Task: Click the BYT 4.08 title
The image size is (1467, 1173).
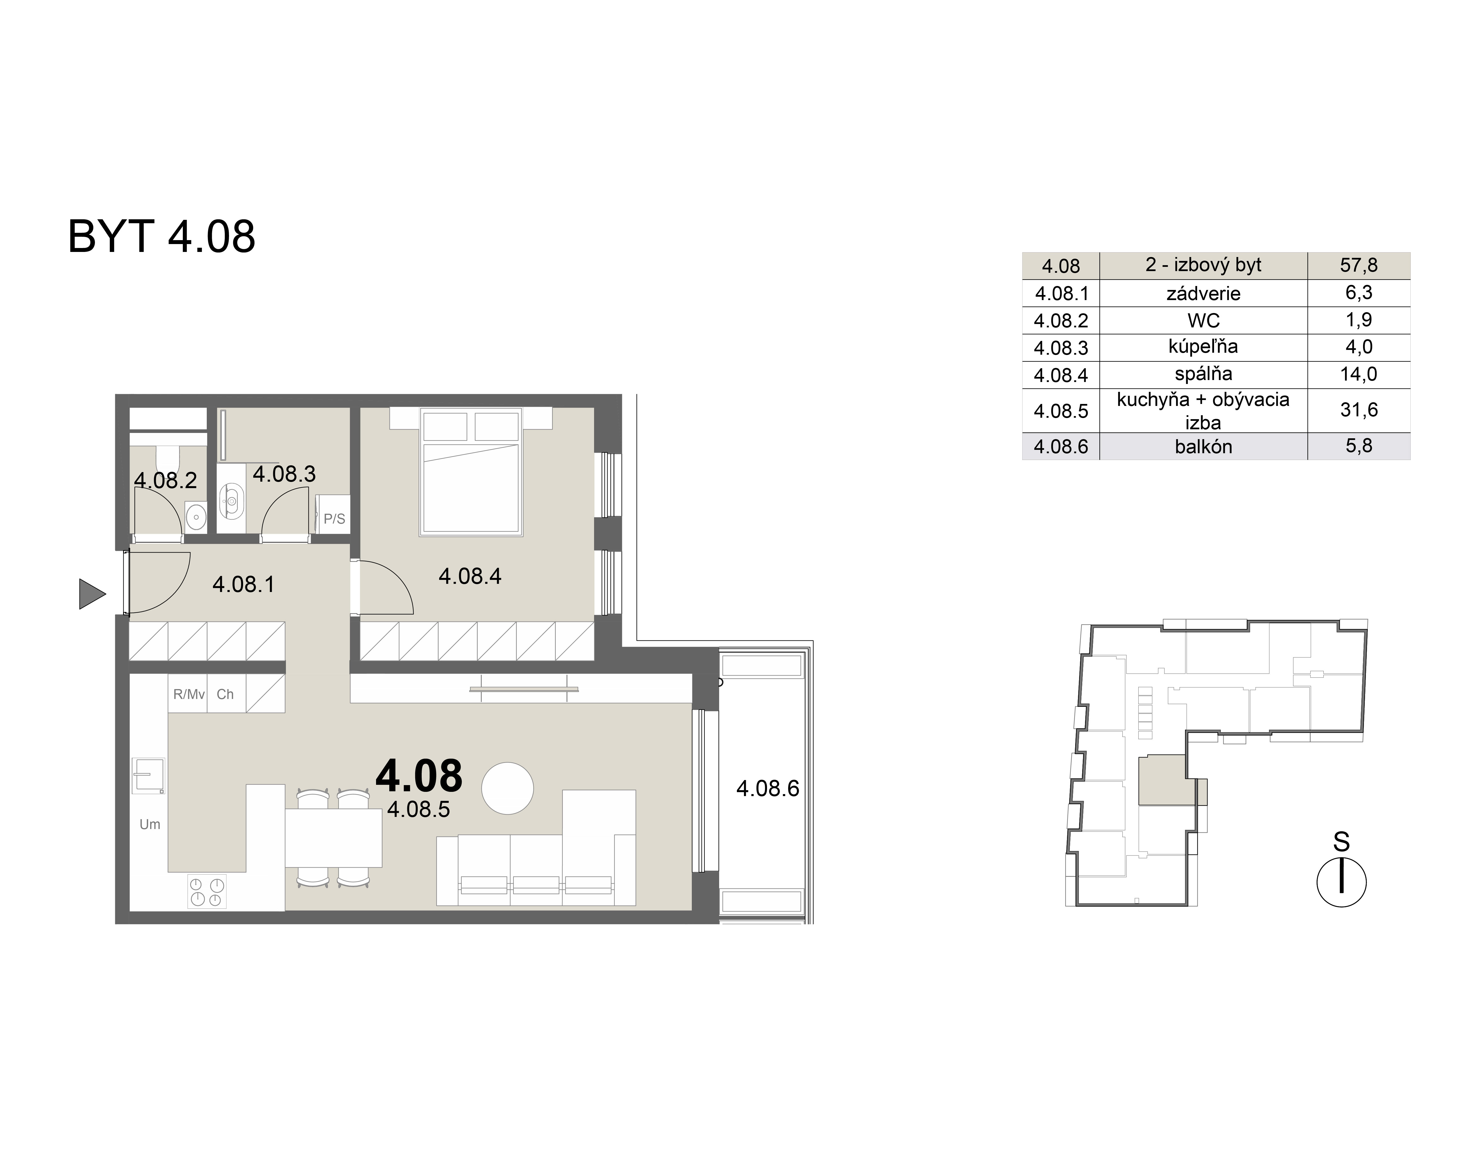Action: (161, 237)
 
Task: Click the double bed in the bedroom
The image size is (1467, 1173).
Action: (471, 473)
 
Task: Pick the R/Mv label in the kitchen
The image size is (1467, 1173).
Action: (188, 694)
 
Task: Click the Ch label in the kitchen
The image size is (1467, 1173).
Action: (225, 694)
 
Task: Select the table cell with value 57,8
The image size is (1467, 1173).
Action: (1358, 265)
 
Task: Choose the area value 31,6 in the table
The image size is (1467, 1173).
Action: (1358, 410)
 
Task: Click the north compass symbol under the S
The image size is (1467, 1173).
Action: (1341, 883)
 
